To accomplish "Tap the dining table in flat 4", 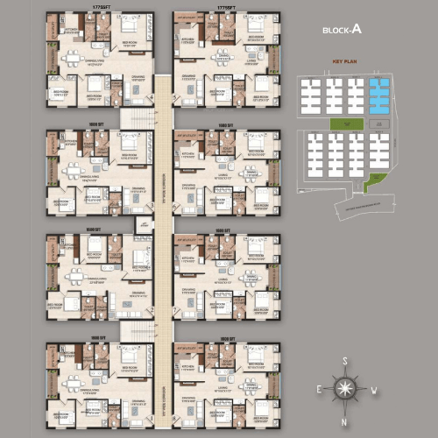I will (x=71, y=60).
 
